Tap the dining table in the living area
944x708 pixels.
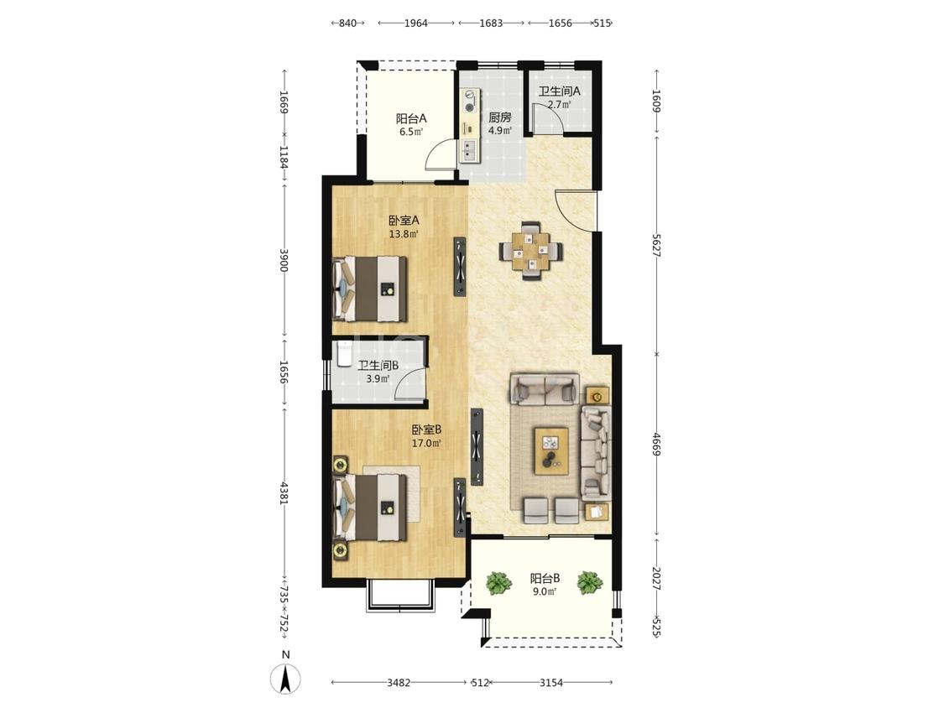[531, 251]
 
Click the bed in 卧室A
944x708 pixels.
[369, 289]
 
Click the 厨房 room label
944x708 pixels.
[500, 117]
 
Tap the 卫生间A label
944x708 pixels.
[560, 91]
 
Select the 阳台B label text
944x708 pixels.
[545, 579]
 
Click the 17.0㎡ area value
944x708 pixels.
[426, 444]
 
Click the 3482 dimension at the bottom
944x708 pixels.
[399, 683]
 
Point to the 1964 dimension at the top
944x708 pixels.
[416, 23]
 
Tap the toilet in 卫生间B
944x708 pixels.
[344, 354]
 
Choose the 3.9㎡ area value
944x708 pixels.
[378, 378]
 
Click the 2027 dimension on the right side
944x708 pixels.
[656, 579]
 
